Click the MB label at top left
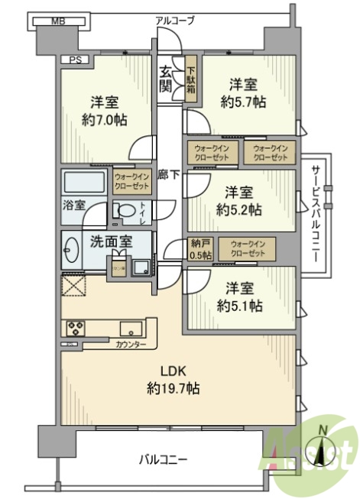57,22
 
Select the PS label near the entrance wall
75,60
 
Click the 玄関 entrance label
166,79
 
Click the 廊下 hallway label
169,174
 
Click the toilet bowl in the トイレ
125,210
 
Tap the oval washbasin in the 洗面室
73,251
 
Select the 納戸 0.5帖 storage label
199,250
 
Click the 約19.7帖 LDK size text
173,389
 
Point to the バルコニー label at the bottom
163,460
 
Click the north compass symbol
324,452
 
